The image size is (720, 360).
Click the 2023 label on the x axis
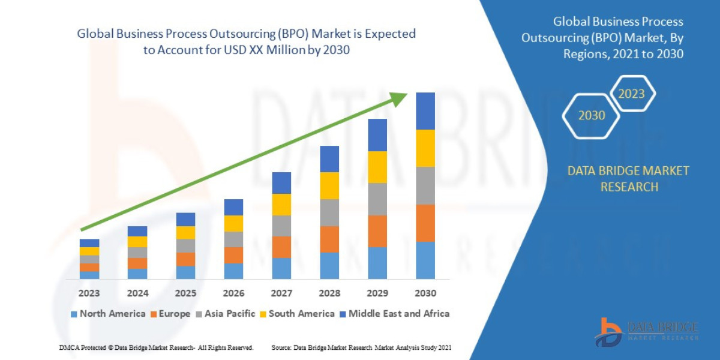(x=89, y=293)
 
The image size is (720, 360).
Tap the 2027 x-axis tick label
(x=281, y=293)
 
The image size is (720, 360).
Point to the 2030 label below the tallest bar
(x=425, y=293)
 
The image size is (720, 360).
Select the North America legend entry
(x=108, y=313)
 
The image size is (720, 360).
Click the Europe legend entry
(x=170, y=313)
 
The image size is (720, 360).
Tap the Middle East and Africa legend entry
(x=394, y=313)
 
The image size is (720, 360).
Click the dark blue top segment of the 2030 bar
(x=425, y=111)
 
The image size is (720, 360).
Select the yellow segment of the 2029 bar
(x=377, y=167)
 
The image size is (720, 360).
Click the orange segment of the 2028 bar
(x=329, y=239)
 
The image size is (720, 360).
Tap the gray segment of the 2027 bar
(x=281, y=226)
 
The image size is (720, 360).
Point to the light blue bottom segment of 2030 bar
(x=425, y=260)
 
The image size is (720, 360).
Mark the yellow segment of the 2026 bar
(x=233, y=223)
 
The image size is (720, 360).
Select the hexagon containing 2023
(x=631, y=94)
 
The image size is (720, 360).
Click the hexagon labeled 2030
(x=591, y=115)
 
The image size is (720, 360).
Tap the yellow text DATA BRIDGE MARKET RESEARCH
(x=628, y=179)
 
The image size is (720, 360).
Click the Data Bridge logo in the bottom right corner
(x=646, y=332)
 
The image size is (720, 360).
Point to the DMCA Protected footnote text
(x=156, y=347)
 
